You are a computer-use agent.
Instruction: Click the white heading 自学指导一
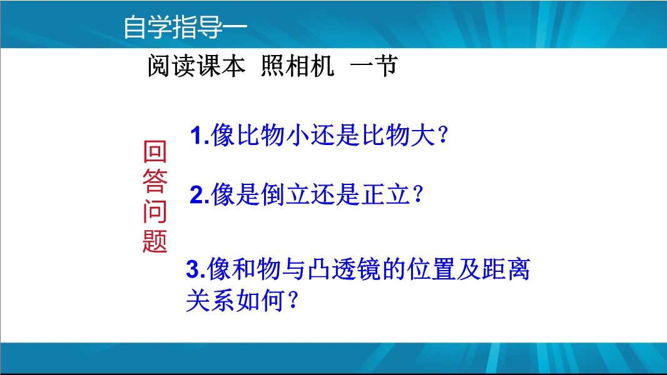point(185,27)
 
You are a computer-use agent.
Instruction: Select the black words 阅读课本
point(196,66)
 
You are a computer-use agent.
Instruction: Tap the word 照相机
point(297,66)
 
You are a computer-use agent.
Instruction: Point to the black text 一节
point(374,66)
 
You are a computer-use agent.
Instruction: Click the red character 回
point(155,152)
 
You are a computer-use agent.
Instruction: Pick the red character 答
point(155,181)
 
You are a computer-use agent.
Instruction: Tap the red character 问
point(155,211)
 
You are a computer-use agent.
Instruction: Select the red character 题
point(155,241)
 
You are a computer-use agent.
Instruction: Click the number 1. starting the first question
point(200,136)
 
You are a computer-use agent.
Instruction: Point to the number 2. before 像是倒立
point(200,194)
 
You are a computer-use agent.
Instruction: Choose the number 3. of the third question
point(196,269)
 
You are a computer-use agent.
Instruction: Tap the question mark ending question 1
point(443,134)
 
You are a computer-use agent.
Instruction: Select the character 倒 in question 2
point(273,194)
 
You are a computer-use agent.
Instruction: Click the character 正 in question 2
point(373,194)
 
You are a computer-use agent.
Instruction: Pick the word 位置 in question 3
point(431,269)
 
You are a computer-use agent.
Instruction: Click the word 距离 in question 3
point(506,269)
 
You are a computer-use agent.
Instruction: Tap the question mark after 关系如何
point(293,300)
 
